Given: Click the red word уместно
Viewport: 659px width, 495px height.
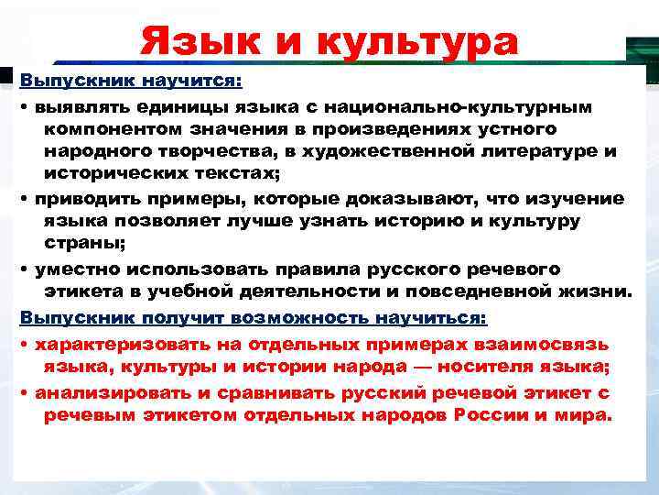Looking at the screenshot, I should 75,270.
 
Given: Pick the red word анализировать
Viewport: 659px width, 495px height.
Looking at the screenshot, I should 112,392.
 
